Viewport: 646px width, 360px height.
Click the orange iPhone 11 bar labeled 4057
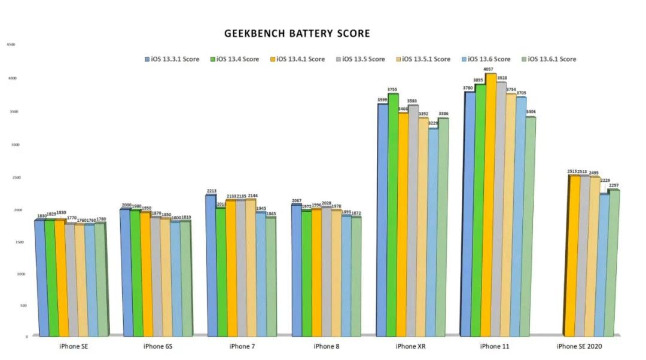(490, 203)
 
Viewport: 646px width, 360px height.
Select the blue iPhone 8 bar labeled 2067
(296, 270)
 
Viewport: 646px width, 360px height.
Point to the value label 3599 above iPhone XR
(382, 100)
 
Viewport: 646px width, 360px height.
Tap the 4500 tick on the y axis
(10, 45)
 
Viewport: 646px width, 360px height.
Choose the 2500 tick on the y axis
(10, 178)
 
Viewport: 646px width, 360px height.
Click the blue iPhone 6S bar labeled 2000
(126, 272)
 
